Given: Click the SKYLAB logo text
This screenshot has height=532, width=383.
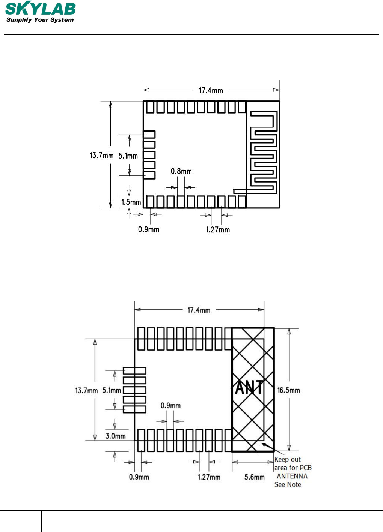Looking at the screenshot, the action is (41, 9).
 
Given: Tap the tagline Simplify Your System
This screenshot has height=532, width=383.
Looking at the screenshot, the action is (40, 20).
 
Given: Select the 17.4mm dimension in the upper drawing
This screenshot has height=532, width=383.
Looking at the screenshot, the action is (211, 91).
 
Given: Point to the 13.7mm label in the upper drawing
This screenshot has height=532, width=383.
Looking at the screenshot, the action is (101, 155).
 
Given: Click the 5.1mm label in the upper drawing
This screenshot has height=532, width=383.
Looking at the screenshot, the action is (128, 156).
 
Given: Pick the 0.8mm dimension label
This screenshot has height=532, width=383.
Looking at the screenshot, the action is (181, 171).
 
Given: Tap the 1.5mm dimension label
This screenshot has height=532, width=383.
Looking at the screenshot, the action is (131, 202).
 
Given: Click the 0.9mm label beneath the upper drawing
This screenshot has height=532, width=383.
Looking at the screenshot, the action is (149, 229).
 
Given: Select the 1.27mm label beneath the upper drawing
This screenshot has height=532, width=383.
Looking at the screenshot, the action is (218, 230).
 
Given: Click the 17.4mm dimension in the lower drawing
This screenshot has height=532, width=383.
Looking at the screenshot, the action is (199, 310).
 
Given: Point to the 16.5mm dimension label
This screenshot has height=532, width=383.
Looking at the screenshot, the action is (289, 390).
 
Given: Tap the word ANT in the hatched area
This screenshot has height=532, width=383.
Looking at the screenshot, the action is (249, 388).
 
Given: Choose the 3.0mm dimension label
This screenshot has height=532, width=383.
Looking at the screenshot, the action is (116, 436).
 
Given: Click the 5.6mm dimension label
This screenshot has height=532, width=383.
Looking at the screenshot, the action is (255, 477).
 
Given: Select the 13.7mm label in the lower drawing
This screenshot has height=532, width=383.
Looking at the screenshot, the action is (86, 391).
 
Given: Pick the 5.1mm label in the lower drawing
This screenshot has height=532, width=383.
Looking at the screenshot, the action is (112, 391).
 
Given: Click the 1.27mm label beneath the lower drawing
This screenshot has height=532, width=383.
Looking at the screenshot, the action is (209, 477).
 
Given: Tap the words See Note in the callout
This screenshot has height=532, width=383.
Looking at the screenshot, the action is (288, 484).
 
